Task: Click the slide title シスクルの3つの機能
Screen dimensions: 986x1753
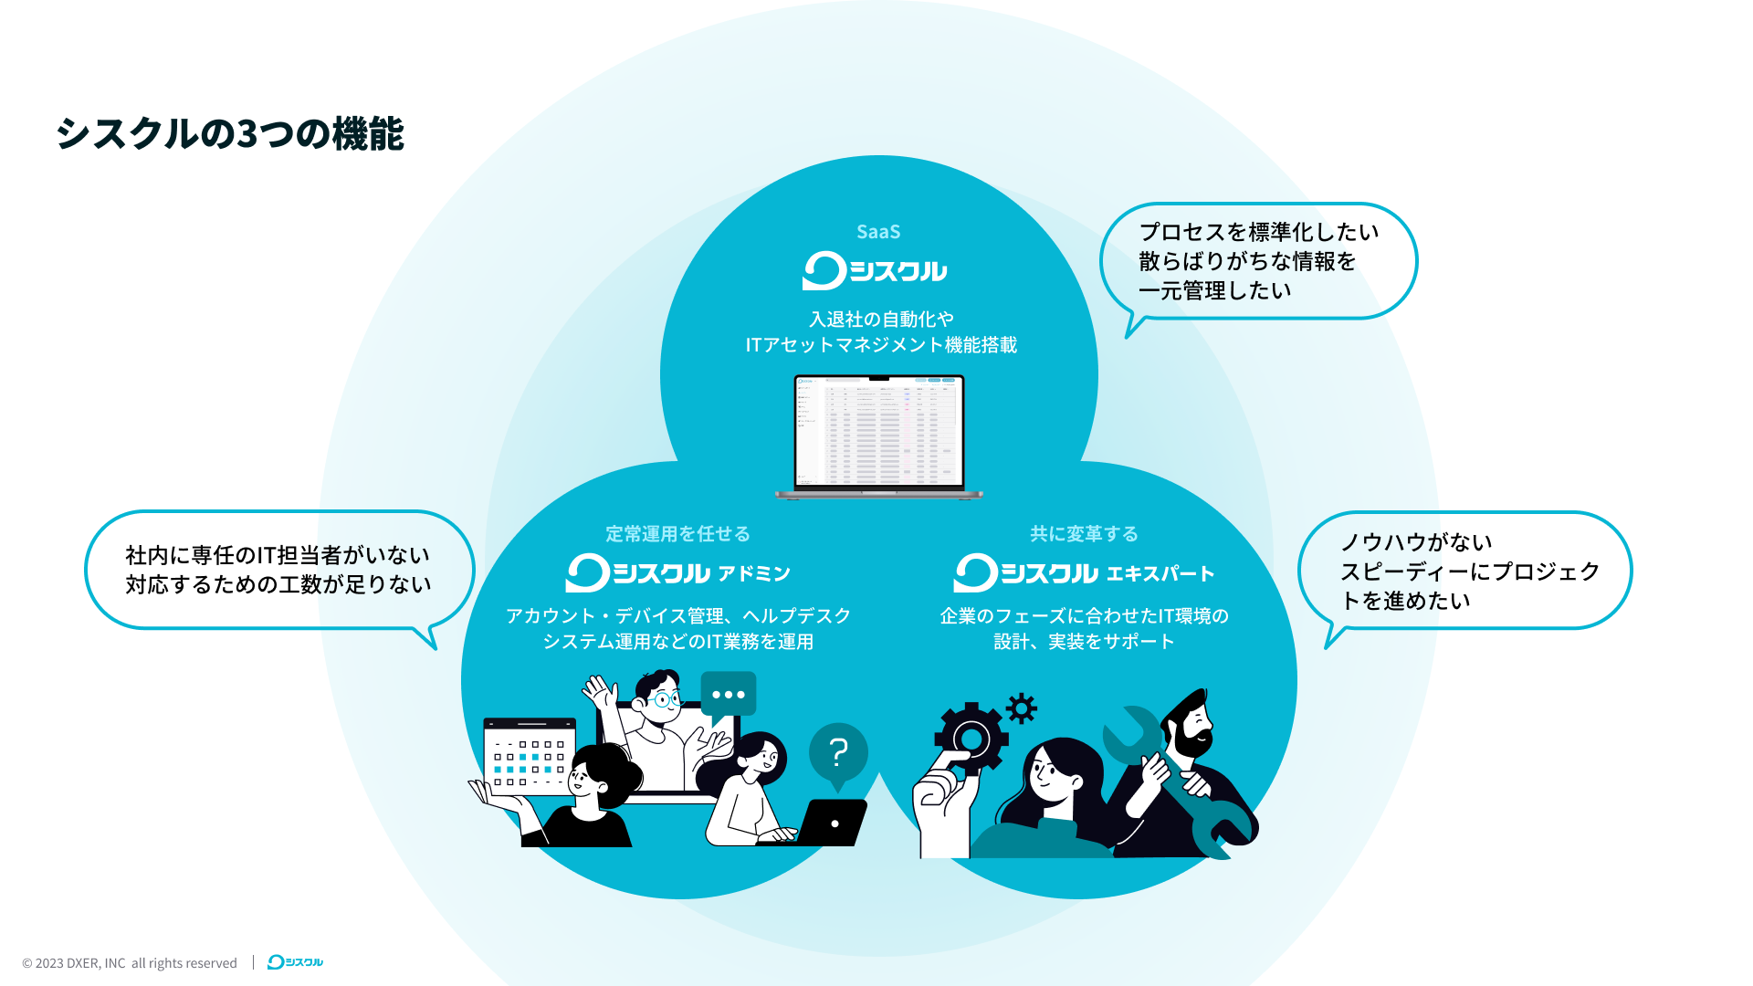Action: point(229,133)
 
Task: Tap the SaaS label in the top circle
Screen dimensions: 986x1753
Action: point(878,232)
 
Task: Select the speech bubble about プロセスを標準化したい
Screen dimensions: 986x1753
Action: point(1257,261)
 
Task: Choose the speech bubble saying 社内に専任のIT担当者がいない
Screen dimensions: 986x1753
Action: point(278,570)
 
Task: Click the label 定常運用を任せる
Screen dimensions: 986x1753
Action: point(677,533)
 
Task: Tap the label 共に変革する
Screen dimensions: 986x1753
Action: point(1084,533)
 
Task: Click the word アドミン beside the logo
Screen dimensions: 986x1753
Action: point(753,573)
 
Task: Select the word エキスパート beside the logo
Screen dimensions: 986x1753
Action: point(1160,573)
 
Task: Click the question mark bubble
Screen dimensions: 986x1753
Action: point(838,752)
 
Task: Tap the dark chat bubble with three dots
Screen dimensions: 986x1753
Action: point(728,695)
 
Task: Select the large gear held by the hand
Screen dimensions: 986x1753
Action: point(971,738)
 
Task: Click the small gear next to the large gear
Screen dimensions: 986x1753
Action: point(1022,708)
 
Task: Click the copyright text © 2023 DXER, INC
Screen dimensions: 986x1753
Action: point(130,963)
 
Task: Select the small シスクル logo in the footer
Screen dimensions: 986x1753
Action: point(295,962)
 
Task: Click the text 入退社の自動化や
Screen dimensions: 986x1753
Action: point(881,319)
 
